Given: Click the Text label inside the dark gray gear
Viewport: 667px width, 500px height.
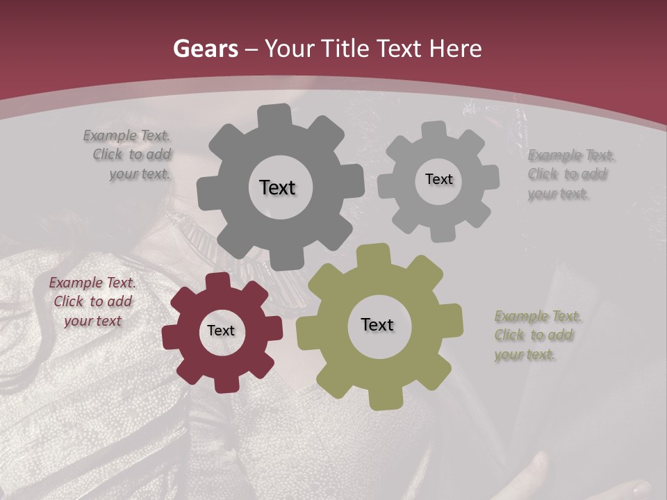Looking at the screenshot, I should (x=277, y=187).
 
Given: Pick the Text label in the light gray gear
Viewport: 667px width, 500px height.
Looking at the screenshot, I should (x=438, y=179).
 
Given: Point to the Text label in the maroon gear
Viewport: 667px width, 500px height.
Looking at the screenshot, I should (x=221, y=331).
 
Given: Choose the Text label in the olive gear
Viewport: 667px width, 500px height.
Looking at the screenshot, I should (x=377, y=324).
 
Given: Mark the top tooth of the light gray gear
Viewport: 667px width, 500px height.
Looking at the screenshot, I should (x=435, y=131).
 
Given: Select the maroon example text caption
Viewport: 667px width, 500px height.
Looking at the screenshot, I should (x=92, y=302).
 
